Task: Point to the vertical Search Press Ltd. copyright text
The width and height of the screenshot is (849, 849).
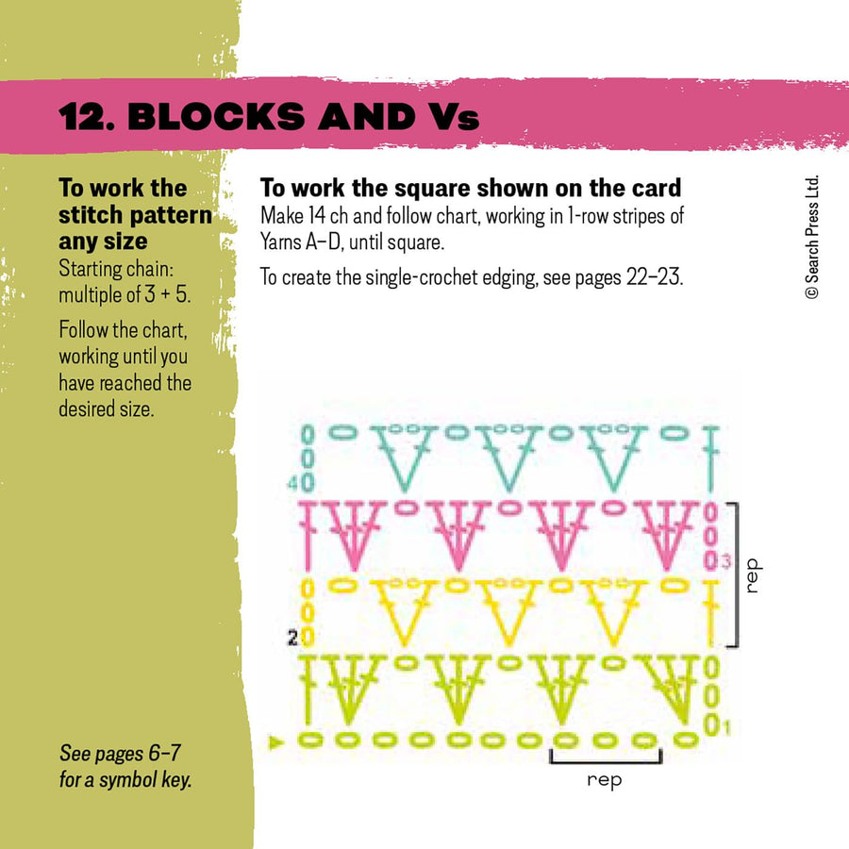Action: [x=812, y=238]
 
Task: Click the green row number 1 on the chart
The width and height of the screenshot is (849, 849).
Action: [x=723, y=727]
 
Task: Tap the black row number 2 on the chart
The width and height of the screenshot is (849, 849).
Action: [x=292, y=639]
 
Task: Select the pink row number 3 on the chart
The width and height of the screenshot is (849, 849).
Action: [x=726, y=563]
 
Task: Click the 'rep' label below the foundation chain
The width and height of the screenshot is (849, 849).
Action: [x=605, y=780]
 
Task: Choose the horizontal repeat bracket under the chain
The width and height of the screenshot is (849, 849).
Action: [x=605, y=757]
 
